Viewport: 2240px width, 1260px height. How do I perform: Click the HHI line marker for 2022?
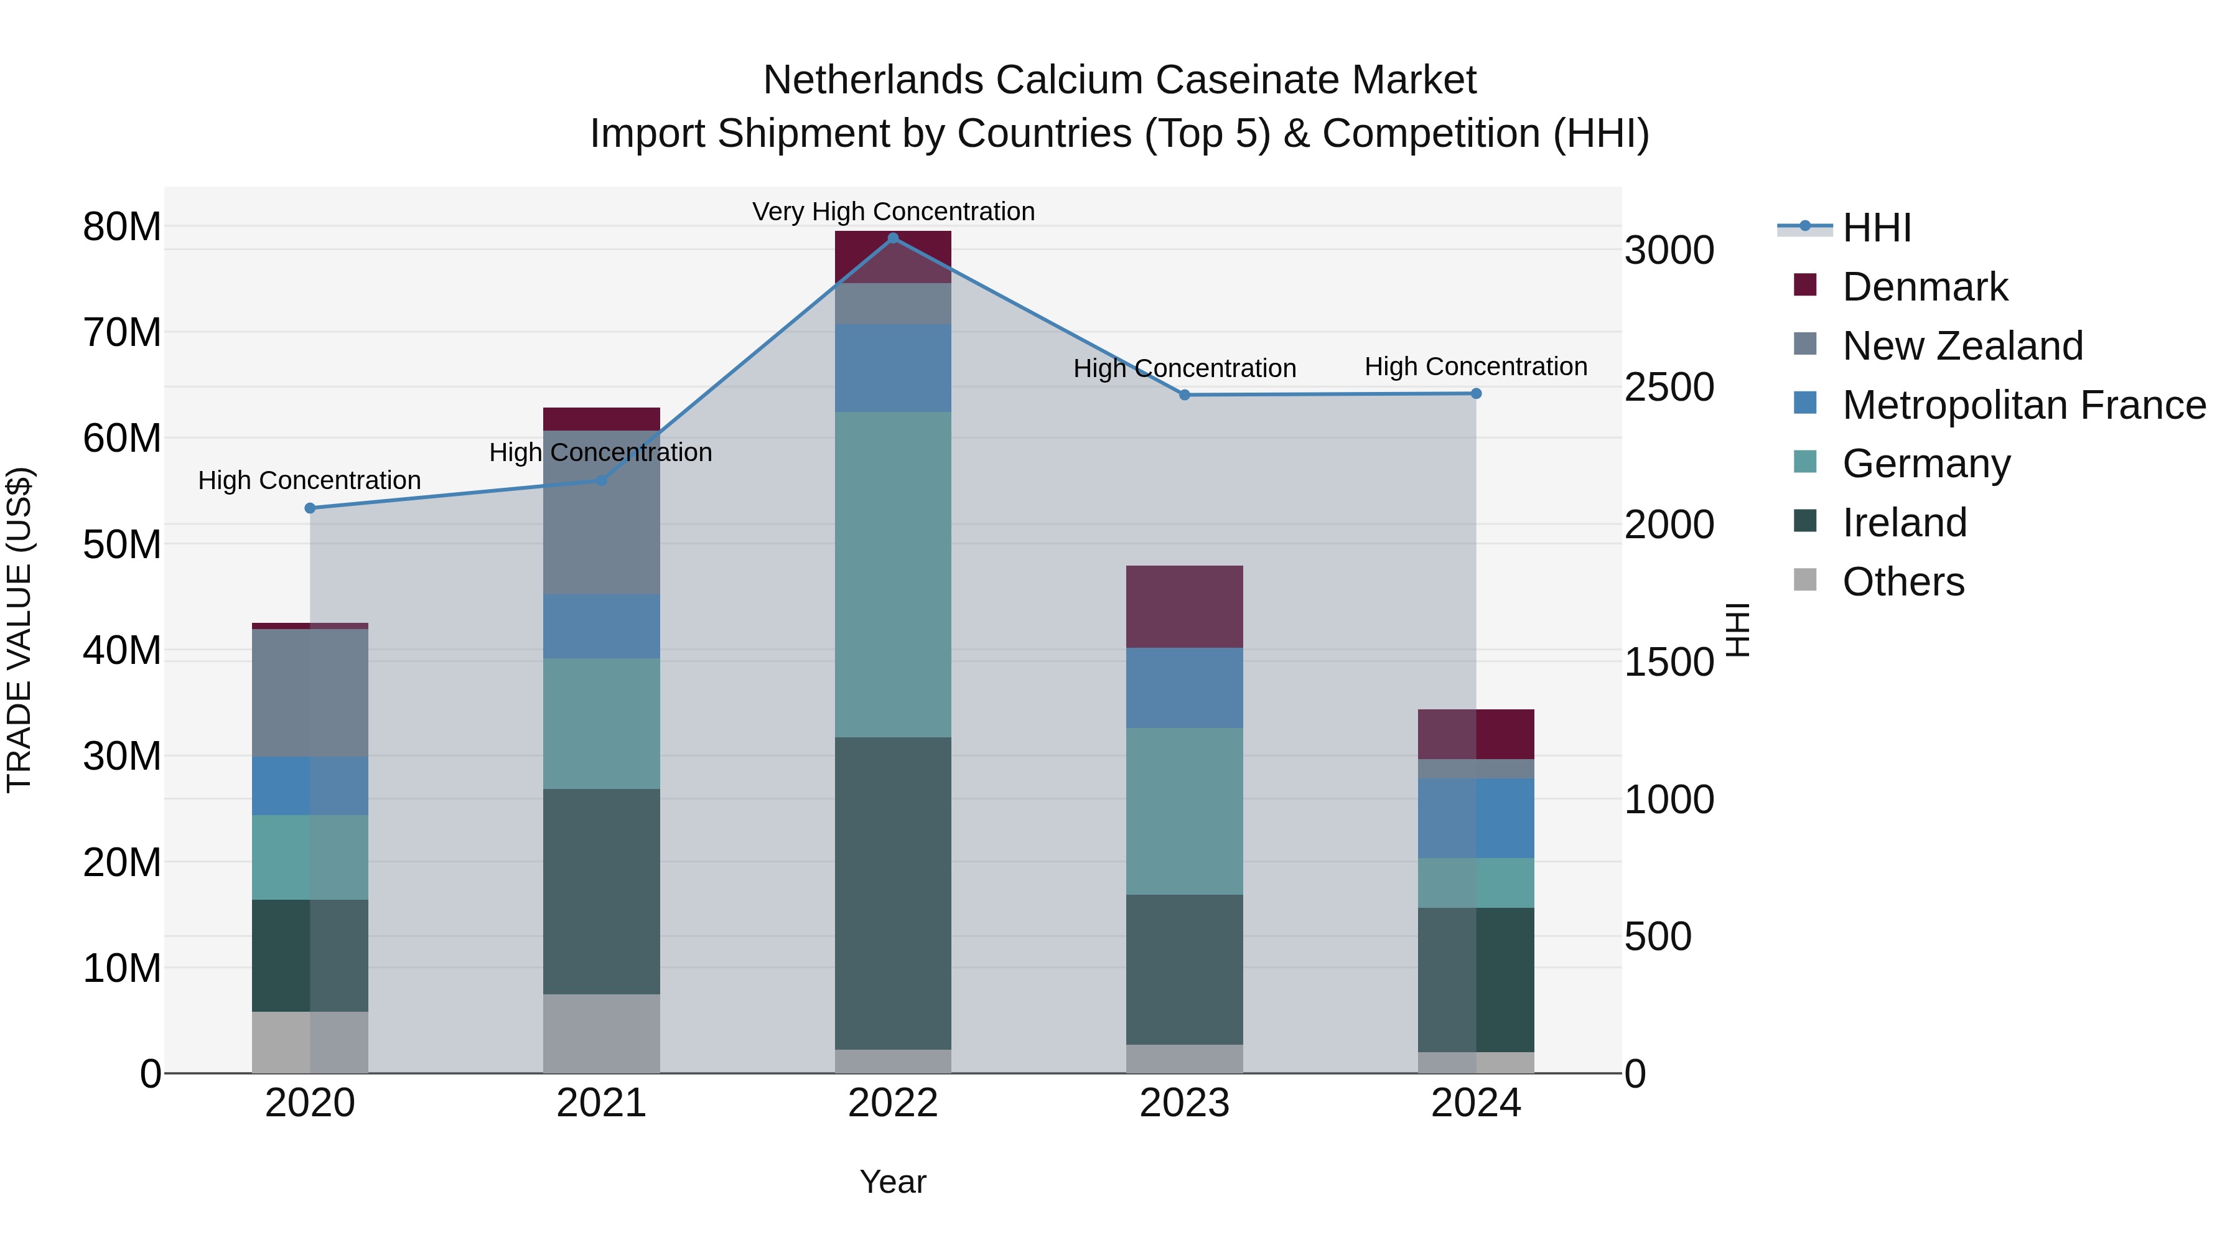892,238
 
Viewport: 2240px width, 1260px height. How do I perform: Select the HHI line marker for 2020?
310,508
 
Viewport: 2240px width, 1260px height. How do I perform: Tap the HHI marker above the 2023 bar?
1184,394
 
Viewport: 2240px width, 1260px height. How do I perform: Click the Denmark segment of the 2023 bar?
1184,606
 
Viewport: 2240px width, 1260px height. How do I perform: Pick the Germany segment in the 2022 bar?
892,574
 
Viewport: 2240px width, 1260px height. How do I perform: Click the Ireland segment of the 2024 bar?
1476,980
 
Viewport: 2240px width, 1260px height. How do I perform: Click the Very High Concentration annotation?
893,212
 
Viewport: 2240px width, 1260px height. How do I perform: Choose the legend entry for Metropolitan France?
2023,405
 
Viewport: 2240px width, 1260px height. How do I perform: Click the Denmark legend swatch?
1805,285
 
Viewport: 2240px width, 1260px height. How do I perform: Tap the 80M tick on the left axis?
122,227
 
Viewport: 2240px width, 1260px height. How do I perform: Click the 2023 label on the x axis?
1184,1103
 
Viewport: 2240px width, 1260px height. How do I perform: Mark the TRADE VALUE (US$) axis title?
19,630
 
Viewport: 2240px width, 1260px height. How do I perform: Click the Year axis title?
892,1182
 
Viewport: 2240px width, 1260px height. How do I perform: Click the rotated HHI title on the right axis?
1737,630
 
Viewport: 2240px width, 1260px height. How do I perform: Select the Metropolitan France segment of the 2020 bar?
310,785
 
